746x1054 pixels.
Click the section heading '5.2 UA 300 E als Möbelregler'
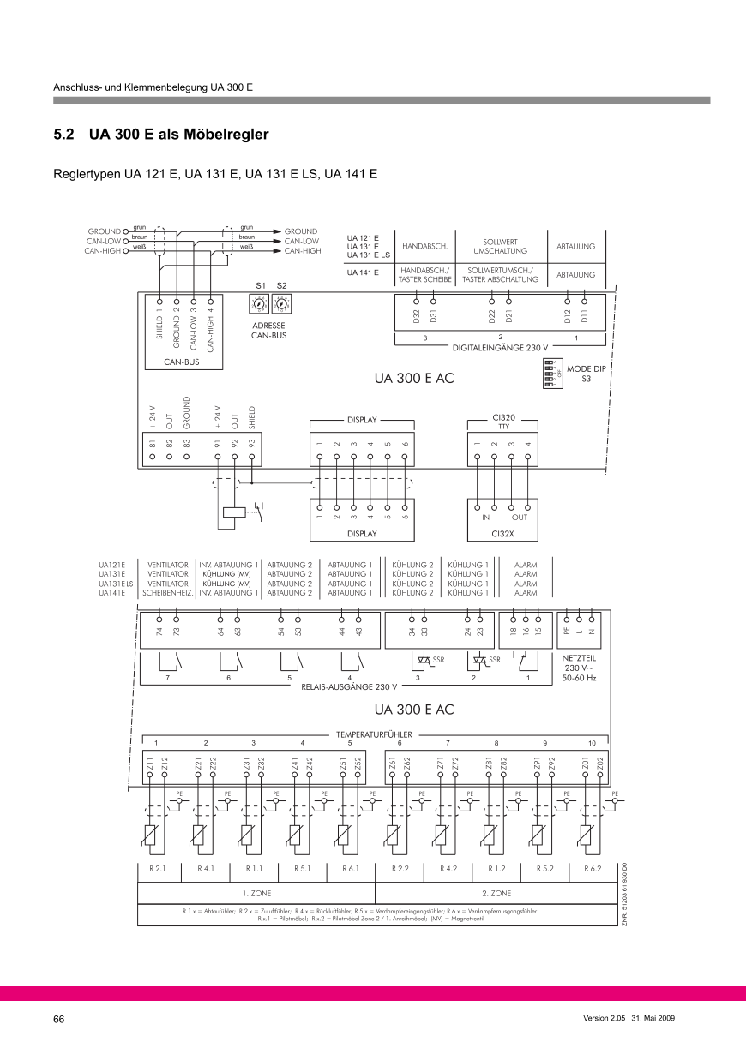pyautogui.click(x=161, y=135)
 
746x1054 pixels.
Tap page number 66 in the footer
pyautogui.click(x=59, y=1019)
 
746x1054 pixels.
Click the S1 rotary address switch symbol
pyautogui.click(x=256, y=304)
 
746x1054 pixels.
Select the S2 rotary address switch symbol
pyautogui.click(x=280, y=304)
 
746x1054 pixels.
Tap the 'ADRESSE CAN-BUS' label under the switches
pyautogui.click(x=268, y=331)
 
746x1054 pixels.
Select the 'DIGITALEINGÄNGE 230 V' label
pyautogui.click(x=500, y=349)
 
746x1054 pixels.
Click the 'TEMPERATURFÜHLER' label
pyautogui.click(x=374, y=734)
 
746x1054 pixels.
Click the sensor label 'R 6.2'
pyautogui.click(x=593, y=868)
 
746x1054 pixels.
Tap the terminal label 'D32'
pyautogui.click(x=416, y=317)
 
